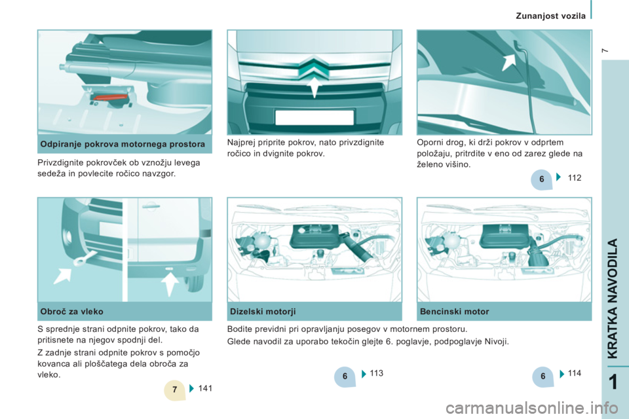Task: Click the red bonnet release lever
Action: (109, 98)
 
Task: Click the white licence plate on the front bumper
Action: (314, 117)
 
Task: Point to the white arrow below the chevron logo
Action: (314, 88)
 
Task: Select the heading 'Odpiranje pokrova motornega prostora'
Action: (123, 144)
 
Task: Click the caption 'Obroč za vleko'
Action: (72, 312)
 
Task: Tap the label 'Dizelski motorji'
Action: (263, 312)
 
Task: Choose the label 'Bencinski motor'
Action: (455, 312)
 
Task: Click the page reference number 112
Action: (575, 177)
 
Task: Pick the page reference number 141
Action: (205, 388)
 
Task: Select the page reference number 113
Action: (376, 373)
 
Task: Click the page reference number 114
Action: (575, 373)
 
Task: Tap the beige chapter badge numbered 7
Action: (174, 390)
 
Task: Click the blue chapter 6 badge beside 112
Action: (541, 179)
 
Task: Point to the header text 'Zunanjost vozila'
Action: (550, 16)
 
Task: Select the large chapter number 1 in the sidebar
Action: (613, 382)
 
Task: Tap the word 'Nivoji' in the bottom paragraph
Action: (496, 342)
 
